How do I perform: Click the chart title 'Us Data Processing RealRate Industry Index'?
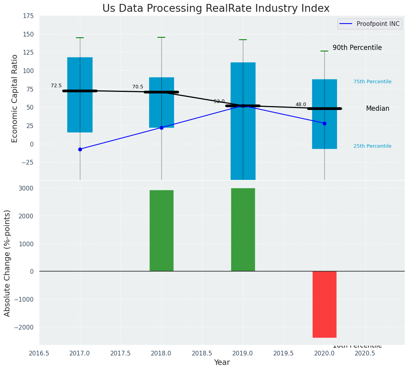point(216,9)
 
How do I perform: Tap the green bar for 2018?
point(161,231)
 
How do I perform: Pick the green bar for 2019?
point(243,230)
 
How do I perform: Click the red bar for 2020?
point(324,304)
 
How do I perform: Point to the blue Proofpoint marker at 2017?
point(80,149)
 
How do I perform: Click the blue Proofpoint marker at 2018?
point(161,128)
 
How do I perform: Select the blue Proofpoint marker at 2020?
point(324,123)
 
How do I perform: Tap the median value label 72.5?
point(56,86)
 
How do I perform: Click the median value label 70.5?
point(138,87)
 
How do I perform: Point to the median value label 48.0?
point(301,104)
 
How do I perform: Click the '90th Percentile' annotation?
point(357,48)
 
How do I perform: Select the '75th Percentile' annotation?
point(372,82)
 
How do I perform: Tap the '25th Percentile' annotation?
point(372,146)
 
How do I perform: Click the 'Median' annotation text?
point(378,108)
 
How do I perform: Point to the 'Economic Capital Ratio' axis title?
point(15,98)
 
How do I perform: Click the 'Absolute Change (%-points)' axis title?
point(7,263)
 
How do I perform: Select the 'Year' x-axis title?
point(222,363)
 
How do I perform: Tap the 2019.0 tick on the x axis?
point(243,353)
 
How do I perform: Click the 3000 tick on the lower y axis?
point(26,188)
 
